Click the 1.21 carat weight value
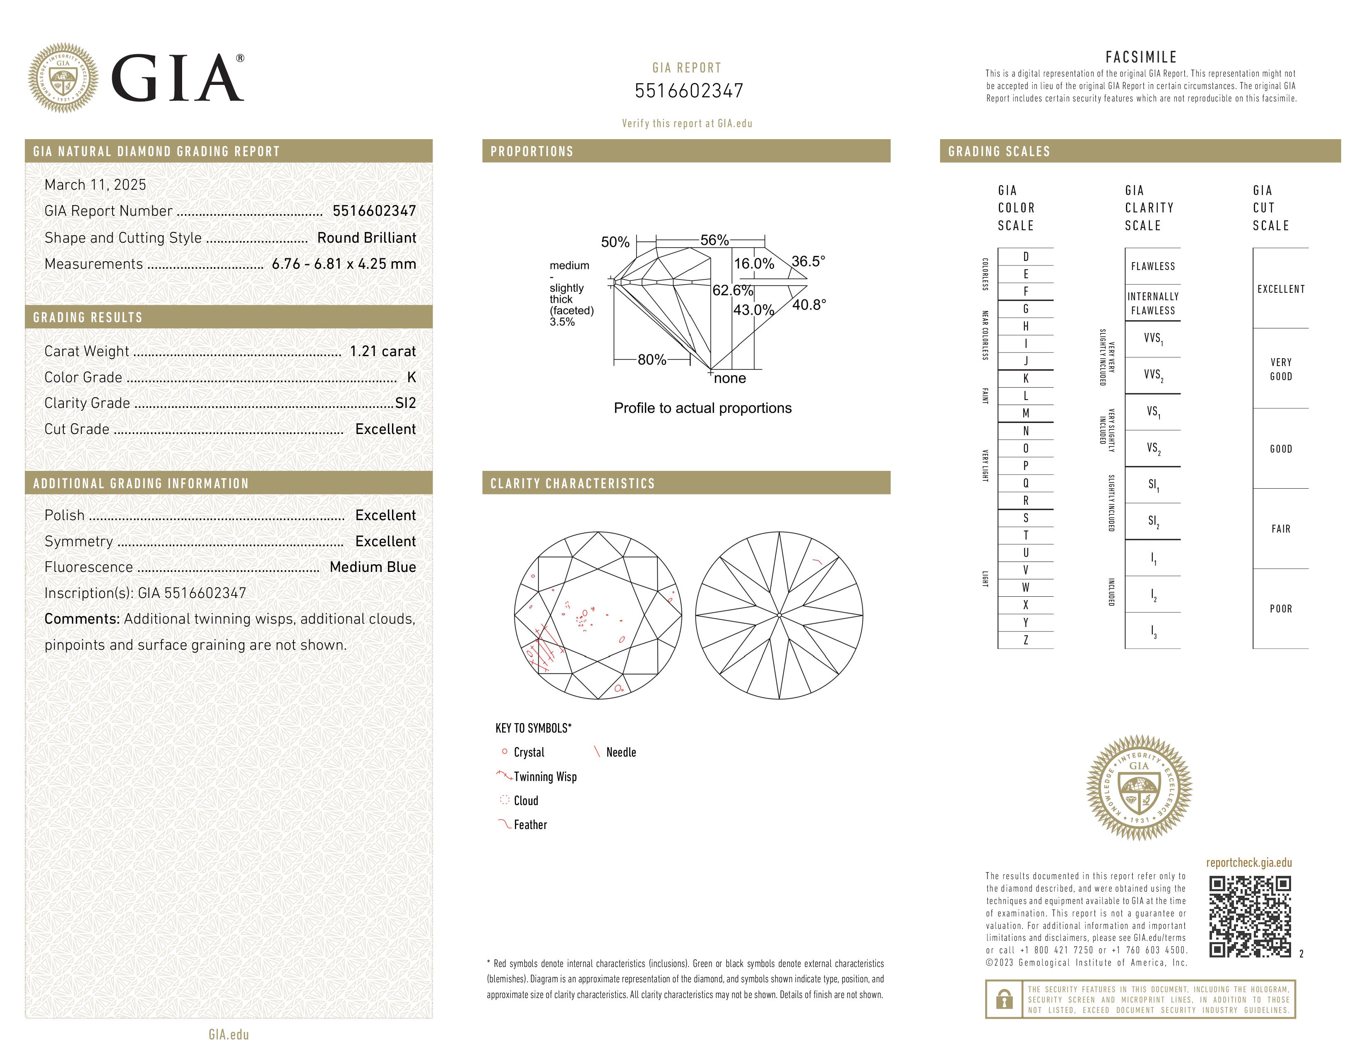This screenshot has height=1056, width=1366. click(382, 352)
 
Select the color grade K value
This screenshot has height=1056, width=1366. click(411, 377)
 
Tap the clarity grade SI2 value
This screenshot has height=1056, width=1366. click(405, 403)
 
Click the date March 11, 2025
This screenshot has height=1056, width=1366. click(95, 185)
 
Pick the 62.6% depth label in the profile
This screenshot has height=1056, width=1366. click(732, 290)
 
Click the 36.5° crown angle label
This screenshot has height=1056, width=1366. click(808, 261)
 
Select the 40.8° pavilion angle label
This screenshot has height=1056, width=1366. click(809, 305)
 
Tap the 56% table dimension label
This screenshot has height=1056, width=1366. click(714, 240)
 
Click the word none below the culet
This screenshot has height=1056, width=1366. click(729, 379)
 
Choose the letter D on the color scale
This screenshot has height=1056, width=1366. click(1026, 256)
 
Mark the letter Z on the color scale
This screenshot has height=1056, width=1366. click(1026, 640)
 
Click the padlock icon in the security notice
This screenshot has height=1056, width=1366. click(1004, 999)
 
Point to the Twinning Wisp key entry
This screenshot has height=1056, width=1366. click(545, 777)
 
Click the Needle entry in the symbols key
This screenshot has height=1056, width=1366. click(620, 752)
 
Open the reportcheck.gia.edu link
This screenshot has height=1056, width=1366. click(1248, 863)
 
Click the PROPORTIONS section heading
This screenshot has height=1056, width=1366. click(531, 152)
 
